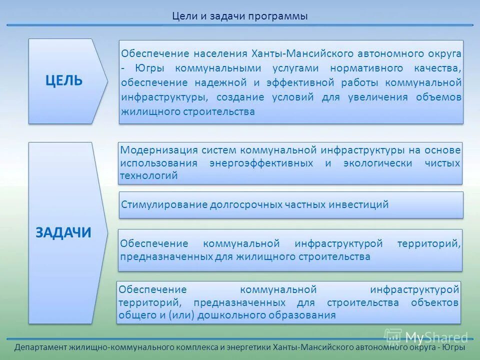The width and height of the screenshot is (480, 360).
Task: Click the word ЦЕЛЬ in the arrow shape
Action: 64,81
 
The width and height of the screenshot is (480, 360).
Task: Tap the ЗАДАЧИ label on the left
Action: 63,232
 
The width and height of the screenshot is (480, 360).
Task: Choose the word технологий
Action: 149,176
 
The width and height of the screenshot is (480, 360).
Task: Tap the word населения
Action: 221,53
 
